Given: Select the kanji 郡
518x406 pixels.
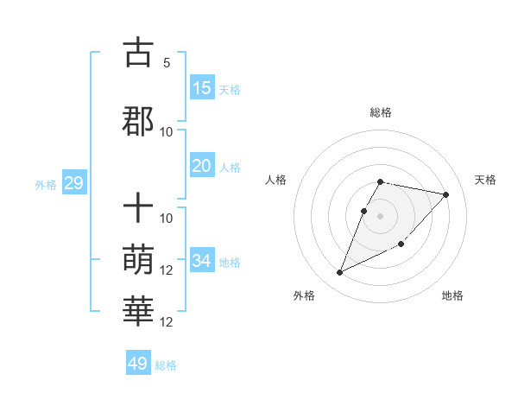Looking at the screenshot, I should point(138,122).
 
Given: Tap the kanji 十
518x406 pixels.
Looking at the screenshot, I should point(138,209).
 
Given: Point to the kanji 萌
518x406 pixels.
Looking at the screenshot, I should point(138,257).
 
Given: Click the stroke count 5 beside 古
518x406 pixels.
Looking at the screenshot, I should point(167,63).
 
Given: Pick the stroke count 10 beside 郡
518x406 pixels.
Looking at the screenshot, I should point(167,132).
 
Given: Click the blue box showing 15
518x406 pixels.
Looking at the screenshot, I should point(202,88).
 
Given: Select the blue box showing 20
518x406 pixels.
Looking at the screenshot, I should point(202,166).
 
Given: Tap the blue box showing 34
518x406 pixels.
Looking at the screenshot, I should point(202,261).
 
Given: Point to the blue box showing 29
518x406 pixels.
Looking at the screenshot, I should point(73,183).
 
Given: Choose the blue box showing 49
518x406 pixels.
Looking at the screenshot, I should point(138,364).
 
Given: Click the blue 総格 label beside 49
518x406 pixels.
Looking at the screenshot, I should point(166,365).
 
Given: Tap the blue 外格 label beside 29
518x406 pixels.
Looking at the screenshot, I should point(46,185).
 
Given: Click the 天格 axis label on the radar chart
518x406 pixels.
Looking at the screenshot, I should point(485,180).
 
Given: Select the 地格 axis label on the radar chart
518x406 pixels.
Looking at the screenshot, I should point(452,295).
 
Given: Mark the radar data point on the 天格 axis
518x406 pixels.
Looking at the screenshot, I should point(445,195).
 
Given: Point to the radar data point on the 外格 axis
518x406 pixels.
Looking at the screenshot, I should point(340,273).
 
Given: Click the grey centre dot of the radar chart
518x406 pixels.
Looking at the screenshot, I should point(381,215).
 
